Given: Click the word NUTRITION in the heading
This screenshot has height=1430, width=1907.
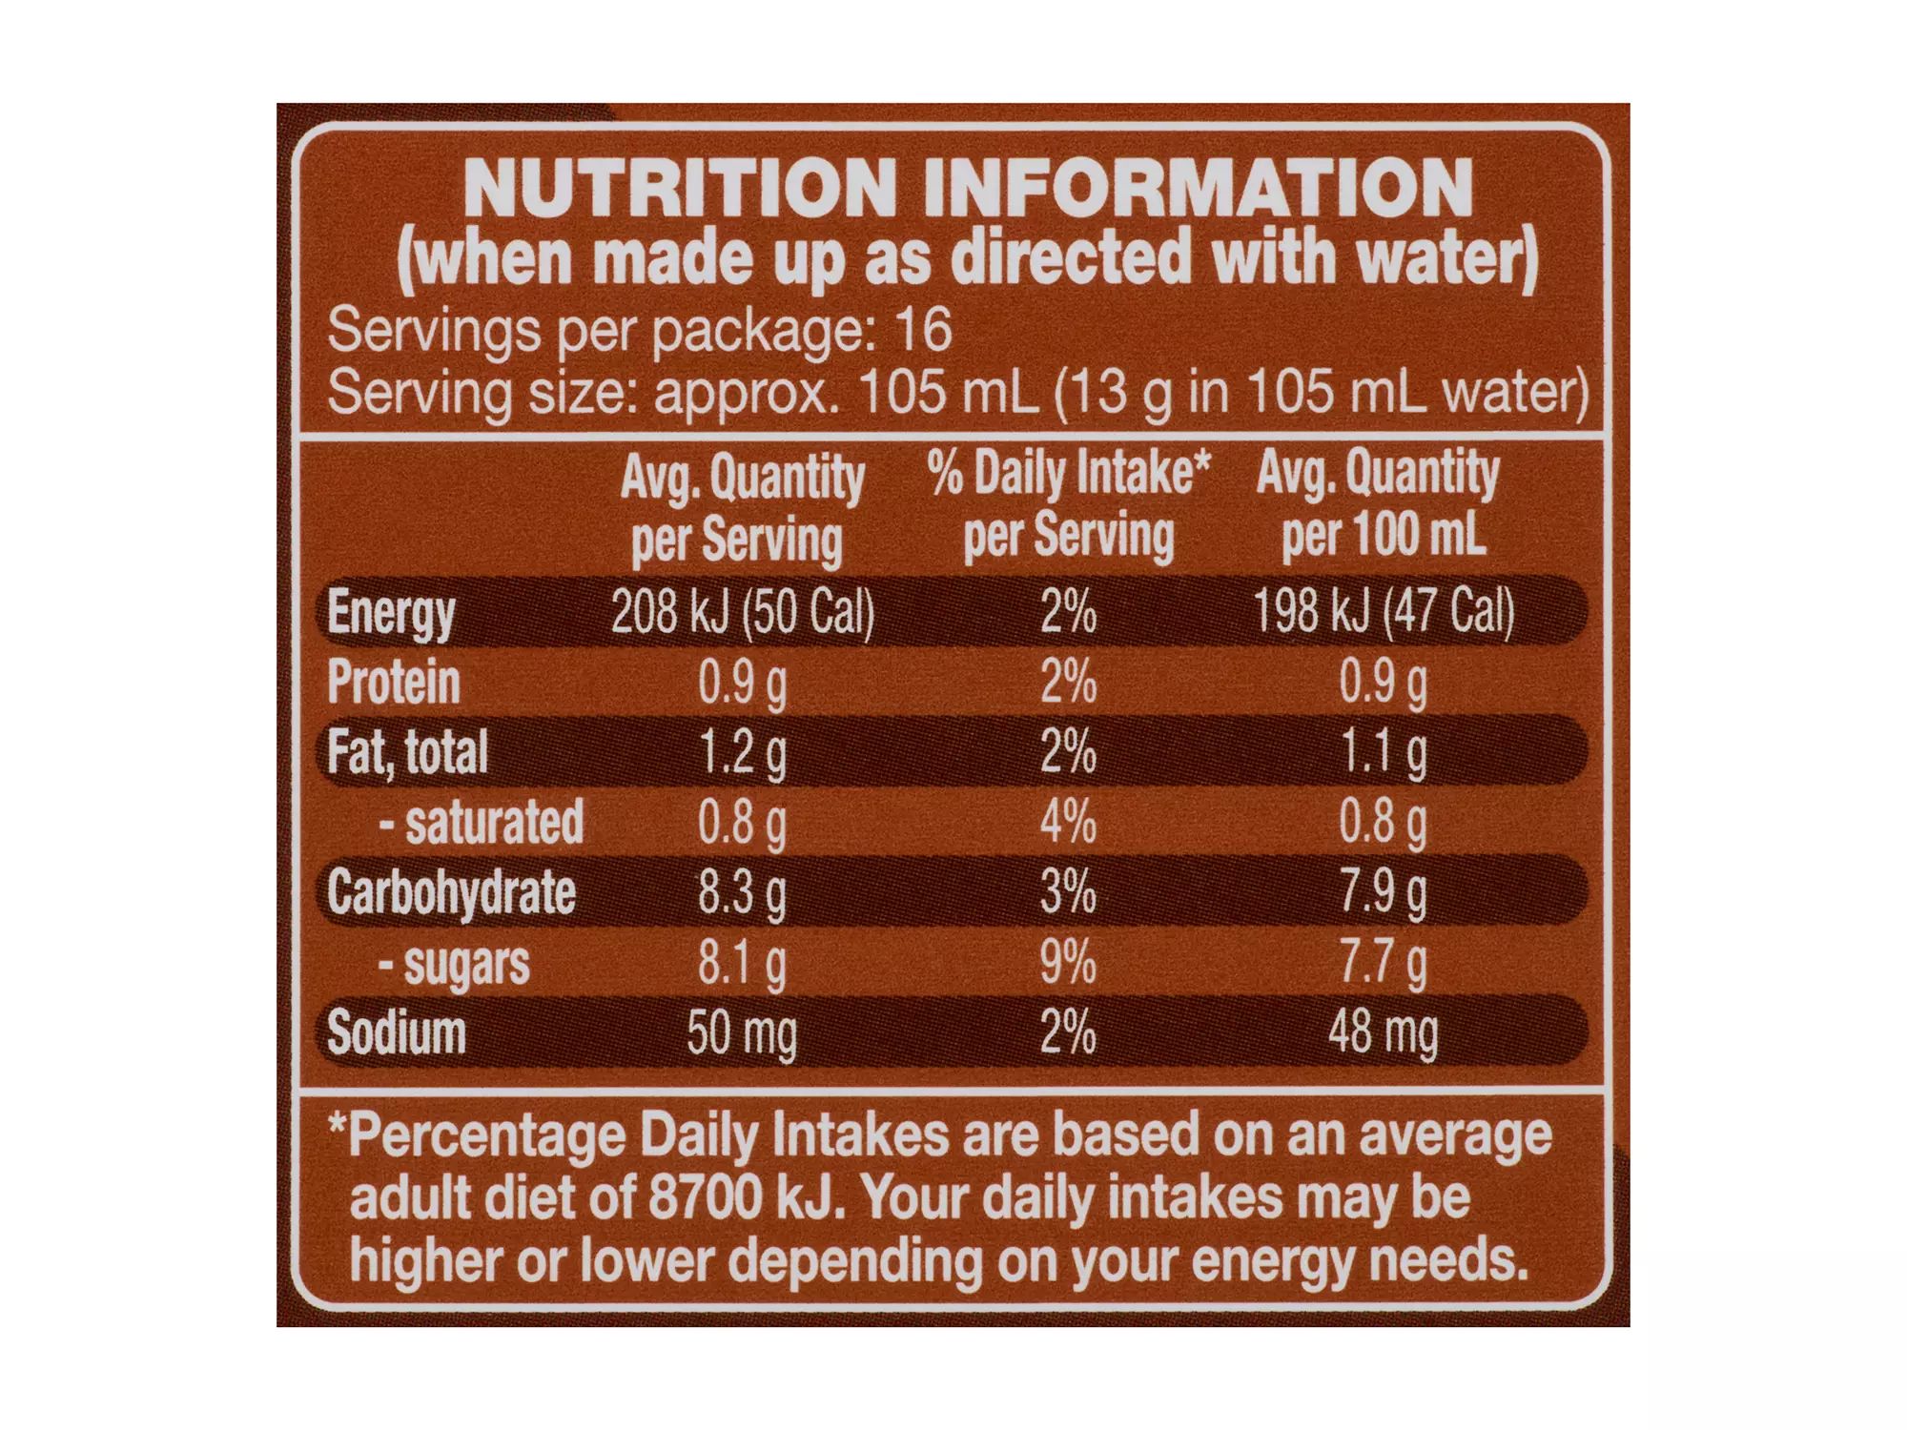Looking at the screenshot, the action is [679, 188].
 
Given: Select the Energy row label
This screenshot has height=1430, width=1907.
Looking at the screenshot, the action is [391, 613].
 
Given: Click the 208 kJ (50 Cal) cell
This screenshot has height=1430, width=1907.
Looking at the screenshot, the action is [742, 610].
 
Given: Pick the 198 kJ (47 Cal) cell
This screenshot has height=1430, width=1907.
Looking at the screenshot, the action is [1384, 610].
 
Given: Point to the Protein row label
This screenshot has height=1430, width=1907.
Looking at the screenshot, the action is [393, 683].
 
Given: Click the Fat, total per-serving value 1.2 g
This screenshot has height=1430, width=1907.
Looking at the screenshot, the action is [742, 753].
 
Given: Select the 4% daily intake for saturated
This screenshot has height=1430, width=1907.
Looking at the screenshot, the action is [1068, 822].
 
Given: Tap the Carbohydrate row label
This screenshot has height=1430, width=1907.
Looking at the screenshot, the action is [451, 893].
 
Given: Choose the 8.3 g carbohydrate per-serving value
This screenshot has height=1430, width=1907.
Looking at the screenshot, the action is [742, 893].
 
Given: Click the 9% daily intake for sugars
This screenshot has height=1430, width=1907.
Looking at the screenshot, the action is [1068, 963].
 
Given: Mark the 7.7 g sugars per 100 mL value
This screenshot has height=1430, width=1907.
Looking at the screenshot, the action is [1384, 963].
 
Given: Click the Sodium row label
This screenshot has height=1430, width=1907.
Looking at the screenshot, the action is [396, 1033].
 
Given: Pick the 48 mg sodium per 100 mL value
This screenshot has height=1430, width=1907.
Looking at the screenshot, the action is [1384, 1033].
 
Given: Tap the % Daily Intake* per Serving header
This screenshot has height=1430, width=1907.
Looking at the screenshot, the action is [1069, 503].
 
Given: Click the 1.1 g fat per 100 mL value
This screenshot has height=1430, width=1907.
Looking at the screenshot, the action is [1384, 753].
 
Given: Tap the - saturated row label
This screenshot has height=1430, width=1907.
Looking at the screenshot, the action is [481, 822].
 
